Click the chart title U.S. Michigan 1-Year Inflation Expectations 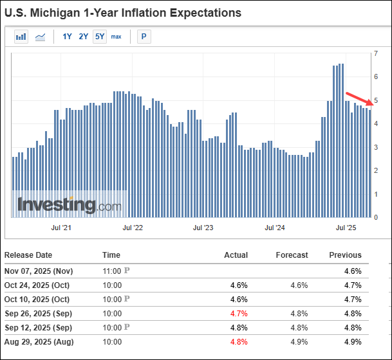[x=123, y=13]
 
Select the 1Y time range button [x=68, y=37]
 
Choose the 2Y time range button [x=84, y=37]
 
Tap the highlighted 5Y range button [x=100, y=37]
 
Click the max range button [x=116, y=37]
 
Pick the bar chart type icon [x=21, y=37]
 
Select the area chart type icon [x=40, y=37]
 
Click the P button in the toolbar [x=143, y=37]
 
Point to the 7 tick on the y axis [x=376, y=53]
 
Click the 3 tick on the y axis [x=376, y=147]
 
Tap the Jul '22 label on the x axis [x=132, y=228]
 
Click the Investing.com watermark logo [x=69, y=205]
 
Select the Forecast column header [x=292, y=255]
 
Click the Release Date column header [x=28, y=255]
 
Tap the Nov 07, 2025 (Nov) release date [x=39, y=271]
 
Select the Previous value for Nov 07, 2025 [x=353, y=271]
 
